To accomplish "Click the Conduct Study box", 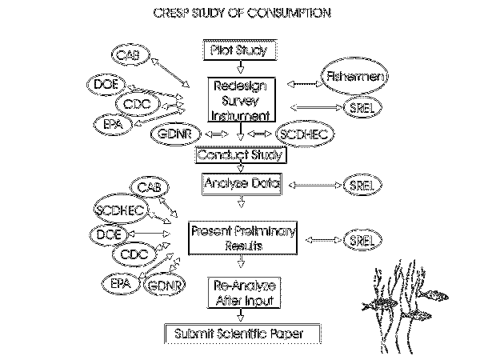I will [x=241, y=156].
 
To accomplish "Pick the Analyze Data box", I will [x=241, y=185].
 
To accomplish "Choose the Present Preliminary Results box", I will [x=242, y=238].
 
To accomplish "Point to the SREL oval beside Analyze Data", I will [x=358, y=185].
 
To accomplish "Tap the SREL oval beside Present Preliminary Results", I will [x=358, y=240].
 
